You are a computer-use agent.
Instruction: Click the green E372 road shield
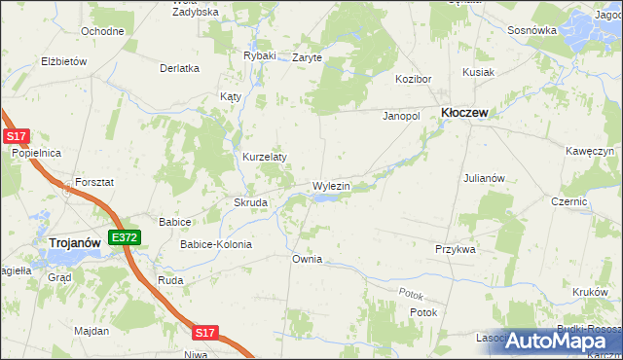tap(125, 237)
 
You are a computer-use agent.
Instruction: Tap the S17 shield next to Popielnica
tap(14, 138)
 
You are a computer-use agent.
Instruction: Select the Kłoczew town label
tap(465, 113)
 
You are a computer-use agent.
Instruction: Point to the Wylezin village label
tap(331, 185)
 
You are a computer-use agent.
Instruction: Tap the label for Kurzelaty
tap(265, 157)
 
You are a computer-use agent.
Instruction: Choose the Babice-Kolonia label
tap(216, 244)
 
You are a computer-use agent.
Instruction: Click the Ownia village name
tap(307, 260)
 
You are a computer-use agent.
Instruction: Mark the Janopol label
tap(400, 116)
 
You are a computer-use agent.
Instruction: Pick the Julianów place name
tap(484, 178)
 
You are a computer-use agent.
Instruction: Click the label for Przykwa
tap(456, 249)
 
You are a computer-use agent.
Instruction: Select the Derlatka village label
tap(180, 68)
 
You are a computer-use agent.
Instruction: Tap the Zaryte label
tap(308, 57)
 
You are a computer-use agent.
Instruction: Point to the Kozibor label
tap(412, 78)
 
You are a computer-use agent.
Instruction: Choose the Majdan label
tap(92, 331)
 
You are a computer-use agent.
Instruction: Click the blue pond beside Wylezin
tap(327, 198)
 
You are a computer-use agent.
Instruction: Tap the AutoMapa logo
tap(563, 340)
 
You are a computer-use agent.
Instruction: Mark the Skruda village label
tap(251, 202)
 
